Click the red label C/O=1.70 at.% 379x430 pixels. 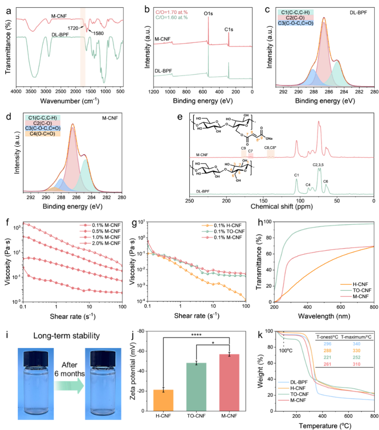(172, 12)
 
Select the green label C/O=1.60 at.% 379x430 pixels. (172, 17)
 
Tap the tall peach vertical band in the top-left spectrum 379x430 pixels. (83, 47)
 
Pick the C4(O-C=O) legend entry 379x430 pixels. (43, 134)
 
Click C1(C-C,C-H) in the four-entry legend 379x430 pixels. (43, 118)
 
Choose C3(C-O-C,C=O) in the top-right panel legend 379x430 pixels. (295, 23)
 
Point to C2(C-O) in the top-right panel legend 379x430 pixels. (295, 18)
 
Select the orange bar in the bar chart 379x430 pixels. (163, 400)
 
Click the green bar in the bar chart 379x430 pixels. (196, 387)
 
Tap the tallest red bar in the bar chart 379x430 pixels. (229, 383)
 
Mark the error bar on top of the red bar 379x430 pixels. (229, 355)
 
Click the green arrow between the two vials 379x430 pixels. (69, 385)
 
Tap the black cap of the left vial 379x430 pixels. (35, 358)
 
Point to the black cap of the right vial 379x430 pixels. (103, 358)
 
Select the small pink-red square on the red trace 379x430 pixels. (251, 155)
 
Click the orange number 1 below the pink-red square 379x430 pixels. (248, 162)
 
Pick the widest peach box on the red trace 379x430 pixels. (271, 154)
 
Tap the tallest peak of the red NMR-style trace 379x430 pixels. (319, 123)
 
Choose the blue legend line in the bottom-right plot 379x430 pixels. (284, 382)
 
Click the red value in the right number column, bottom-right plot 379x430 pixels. (356, 364)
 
